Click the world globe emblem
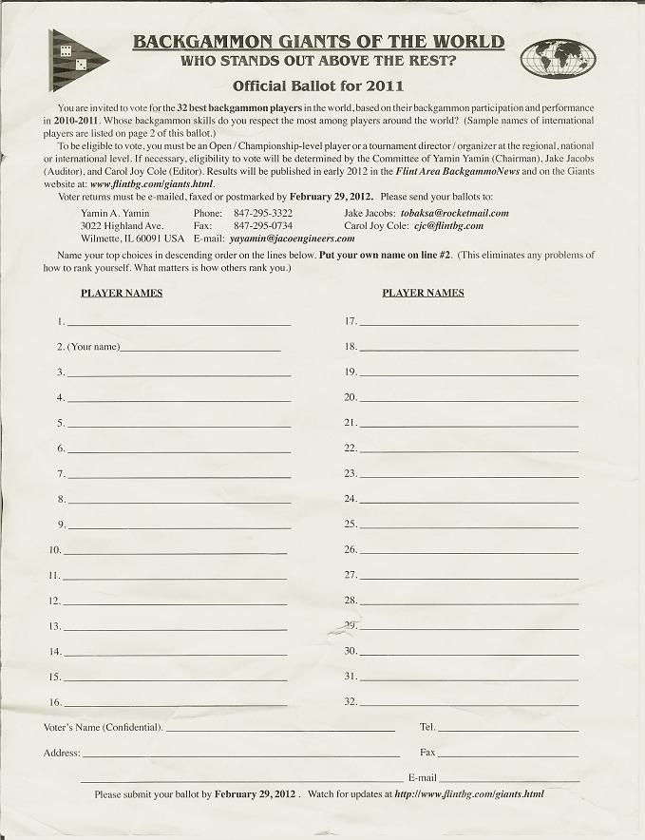click(558, 58)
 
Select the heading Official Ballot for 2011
click(319, 86)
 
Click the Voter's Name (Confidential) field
click(280, 729)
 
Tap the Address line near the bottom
click(241, 754)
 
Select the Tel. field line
click(507, 729)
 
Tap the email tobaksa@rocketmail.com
click(454, 214)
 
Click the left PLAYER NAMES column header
click(122, 293)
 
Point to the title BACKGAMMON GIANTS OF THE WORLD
click(318, 42)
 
